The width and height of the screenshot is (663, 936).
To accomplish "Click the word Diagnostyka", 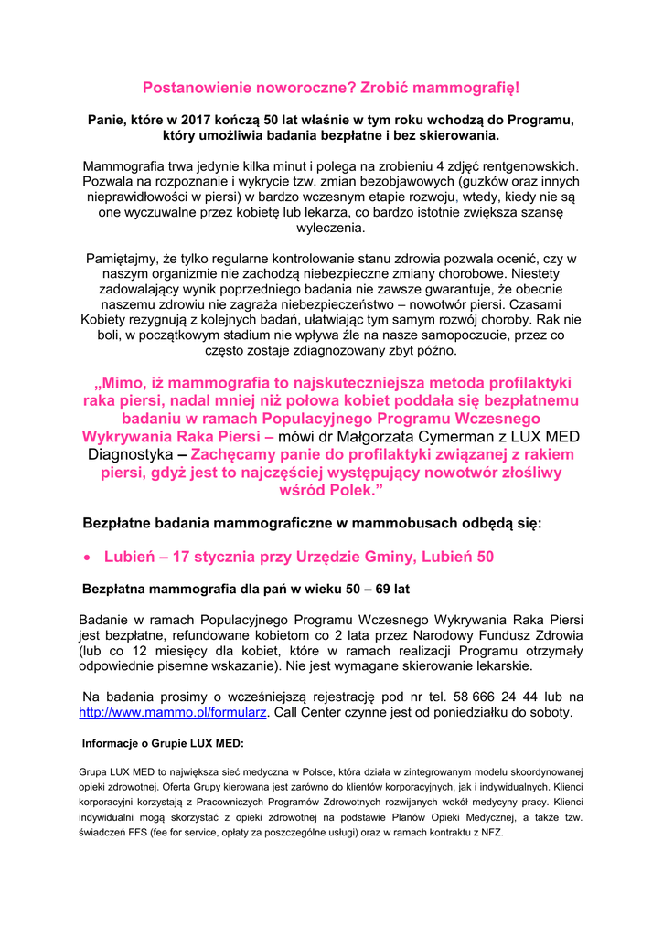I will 130,454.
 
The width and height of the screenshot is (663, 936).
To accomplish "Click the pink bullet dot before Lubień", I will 87,557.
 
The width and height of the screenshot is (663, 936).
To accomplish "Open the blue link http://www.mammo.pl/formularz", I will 173,712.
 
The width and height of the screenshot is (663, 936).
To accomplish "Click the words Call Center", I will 316,712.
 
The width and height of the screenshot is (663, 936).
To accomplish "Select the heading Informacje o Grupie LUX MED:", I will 163,743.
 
